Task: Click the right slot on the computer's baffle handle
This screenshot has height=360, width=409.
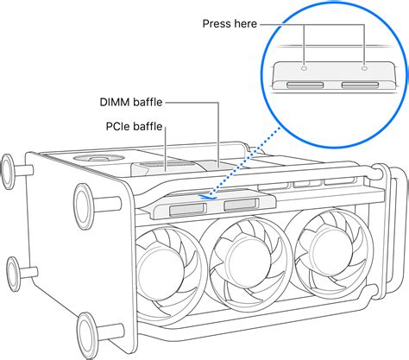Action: click(238, 205)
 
